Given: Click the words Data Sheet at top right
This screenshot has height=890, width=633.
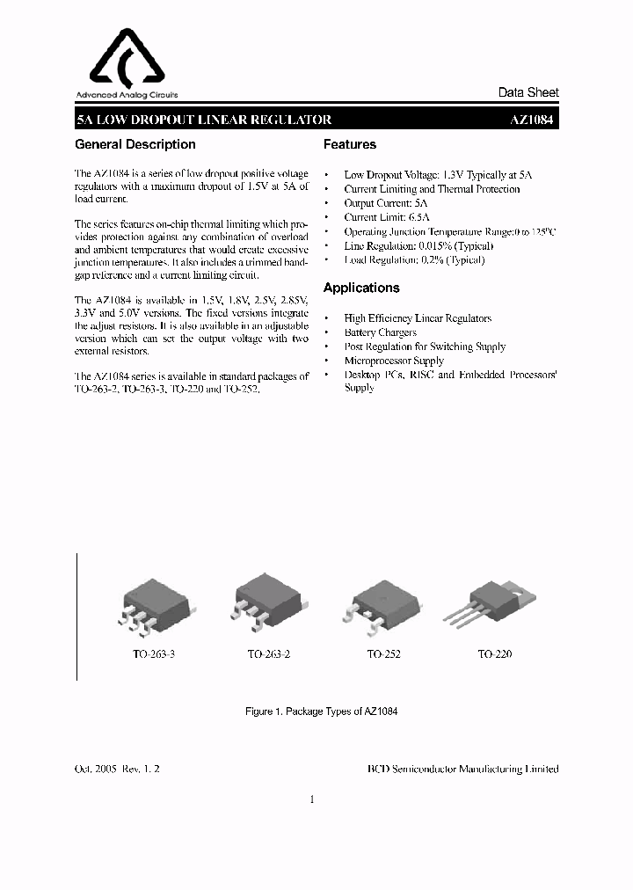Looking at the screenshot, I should click(527, 92).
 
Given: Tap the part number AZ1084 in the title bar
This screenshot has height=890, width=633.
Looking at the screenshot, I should click(532, 120).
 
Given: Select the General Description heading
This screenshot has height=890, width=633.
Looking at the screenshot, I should click(135, 144).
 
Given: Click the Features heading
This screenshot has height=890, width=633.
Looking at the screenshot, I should click(350, 144).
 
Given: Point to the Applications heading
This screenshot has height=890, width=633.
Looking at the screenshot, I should click(361, 288).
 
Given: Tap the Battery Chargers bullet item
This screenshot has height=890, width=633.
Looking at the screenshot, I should click(381, 332).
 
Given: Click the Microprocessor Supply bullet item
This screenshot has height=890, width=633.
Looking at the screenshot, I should click(394, 361).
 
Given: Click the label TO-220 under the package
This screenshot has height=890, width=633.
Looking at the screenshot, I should click(495, 654).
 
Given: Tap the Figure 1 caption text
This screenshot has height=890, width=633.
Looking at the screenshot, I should click(321, 711).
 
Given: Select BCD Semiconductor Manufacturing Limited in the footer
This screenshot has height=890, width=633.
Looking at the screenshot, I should click(462, 769).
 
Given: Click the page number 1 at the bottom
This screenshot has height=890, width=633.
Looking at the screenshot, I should click(313, 799).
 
